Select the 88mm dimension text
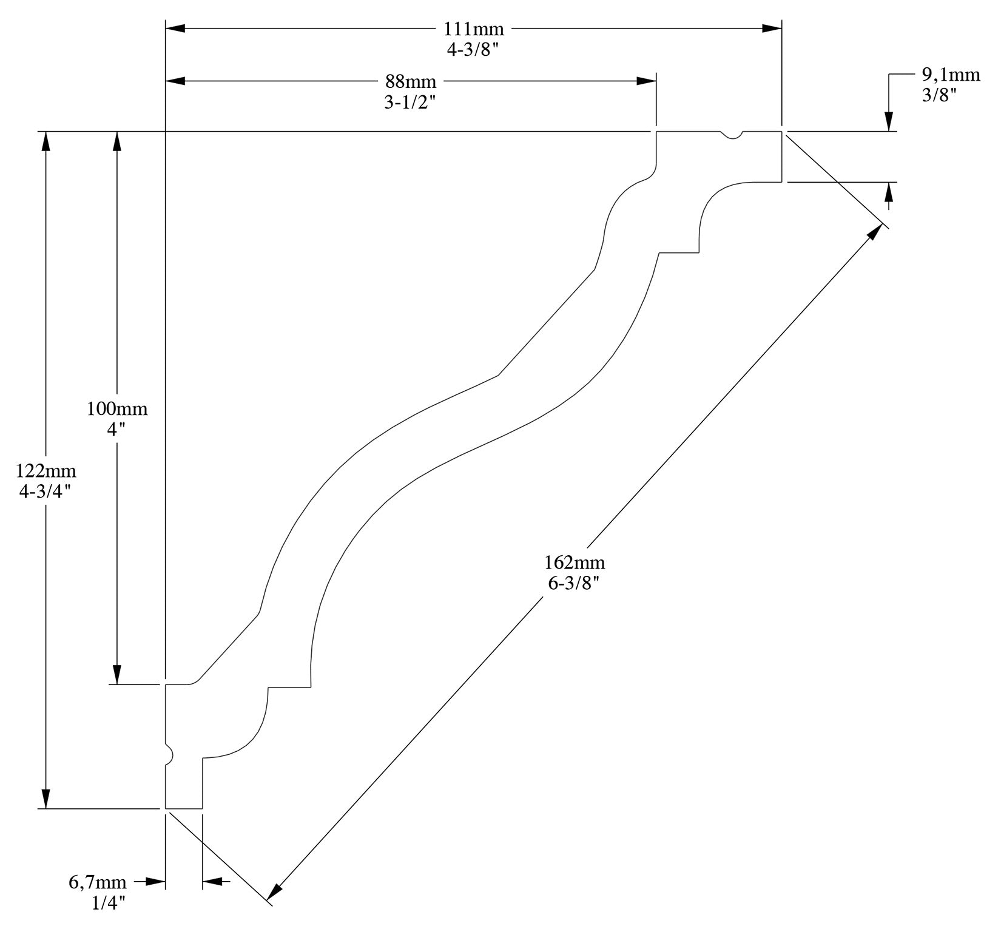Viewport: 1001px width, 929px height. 411,81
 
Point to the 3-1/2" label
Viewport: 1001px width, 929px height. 411,102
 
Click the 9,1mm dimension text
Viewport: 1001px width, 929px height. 951,75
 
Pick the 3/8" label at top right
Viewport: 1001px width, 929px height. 939,95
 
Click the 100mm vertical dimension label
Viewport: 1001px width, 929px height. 117,408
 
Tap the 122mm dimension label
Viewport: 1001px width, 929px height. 46,470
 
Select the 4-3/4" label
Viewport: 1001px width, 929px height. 46,491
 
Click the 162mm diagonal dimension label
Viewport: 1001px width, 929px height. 575,563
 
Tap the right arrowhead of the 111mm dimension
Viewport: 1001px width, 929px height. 772,28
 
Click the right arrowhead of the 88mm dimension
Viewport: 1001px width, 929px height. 646,81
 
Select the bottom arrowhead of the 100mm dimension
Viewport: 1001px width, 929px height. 117,675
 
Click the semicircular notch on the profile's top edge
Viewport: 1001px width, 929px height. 732,135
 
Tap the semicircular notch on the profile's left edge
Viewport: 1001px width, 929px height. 169,754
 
